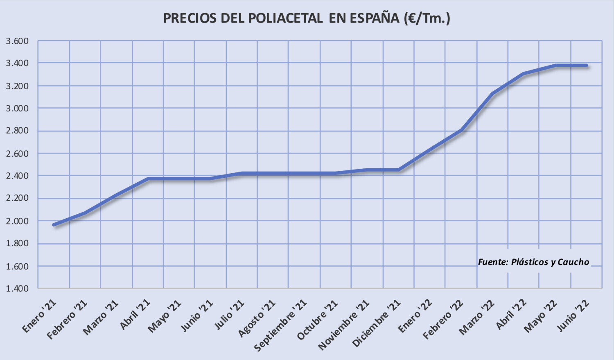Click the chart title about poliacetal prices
[x=307, y=18]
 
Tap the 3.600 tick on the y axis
[x=17, y=41]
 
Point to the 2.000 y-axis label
[x=17, y=221]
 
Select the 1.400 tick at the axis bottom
[x=17, y=288]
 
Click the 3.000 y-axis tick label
[x=17, y=109]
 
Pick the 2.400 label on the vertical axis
[x=17, y=176]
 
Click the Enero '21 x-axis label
[x=39, y=316]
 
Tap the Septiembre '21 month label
[x=281, y=325]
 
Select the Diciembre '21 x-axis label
[x=377, y=323]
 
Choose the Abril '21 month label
[x=135, y=314]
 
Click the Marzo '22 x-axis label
[x=477, y=317]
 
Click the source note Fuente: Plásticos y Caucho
[x=533, y=262]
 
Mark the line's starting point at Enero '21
[x=54, y=224]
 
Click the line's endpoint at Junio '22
[x=586, y=66]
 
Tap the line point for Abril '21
[x=148, y=179]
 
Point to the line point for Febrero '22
[x=461, y=130]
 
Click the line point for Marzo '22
[x=492, y=94]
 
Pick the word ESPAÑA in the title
[x=374, y=18]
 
